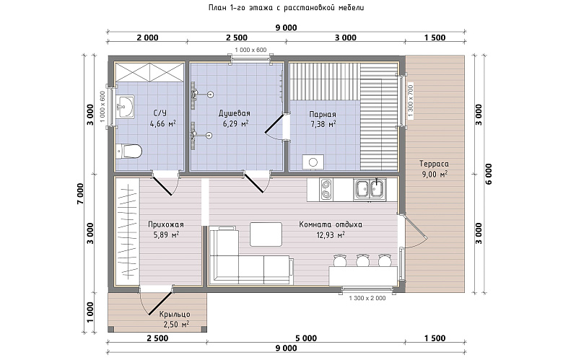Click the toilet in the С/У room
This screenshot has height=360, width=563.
click(129, 151)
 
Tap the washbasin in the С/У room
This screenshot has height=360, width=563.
click(125, 106)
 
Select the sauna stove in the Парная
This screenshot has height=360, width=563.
click(313, 162)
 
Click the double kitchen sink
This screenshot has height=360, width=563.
click(370, 189)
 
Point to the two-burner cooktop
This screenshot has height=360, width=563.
click(326, 189)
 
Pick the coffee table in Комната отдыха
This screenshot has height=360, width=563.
click(266, 234)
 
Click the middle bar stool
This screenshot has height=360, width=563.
click(362, 260)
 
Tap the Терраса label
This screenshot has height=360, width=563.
click(434, 164)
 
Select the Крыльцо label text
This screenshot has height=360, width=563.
click(175, 315)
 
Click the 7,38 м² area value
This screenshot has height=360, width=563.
click(323, 124)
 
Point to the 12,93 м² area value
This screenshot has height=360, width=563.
click(331, 235)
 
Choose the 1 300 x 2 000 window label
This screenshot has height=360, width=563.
click(367, 298)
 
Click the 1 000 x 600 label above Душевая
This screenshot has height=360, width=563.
click(250, 50)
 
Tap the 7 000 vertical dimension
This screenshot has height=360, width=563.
click(80, 194)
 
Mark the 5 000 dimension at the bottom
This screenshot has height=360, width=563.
click(306, 338)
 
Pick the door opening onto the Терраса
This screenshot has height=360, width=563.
click(413, 230)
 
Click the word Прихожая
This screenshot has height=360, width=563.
click(166, 224)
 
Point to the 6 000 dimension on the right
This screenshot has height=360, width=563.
click(489, 174)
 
